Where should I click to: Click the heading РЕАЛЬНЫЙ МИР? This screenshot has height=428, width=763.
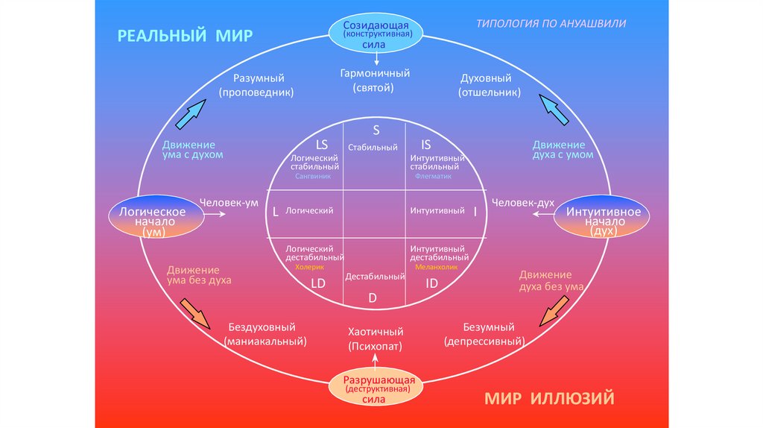[x=185, y=36]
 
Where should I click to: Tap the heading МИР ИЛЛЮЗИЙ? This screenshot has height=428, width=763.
[x=549, y=397]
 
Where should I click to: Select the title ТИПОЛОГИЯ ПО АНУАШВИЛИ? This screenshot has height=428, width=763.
[x=551, y=23]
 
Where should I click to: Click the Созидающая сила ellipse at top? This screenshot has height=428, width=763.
[x=376, y=34]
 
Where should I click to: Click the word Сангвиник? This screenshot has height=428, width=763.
[x=312, y=177]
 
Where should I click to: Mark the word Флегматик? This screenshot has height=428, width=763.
[x=427, y=177]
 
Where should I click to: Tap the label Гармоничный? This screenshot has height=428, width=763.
[x=375, y=74]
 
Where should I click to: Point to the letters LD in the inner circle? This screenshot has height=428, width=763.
[x=318, y=283]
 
